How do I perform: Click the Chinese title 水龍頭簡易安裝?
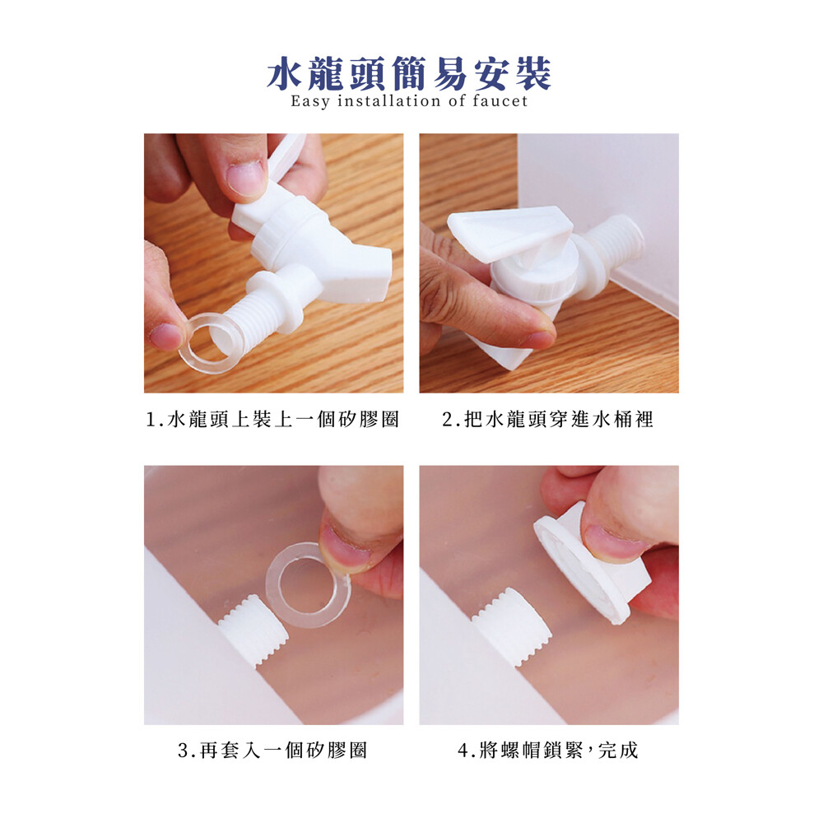click(409, 73)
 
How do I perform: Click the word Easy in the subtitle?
click(310, 100)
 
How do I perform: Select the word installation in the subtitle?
click(389, 100)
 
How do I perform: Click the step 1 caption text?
click(272, 420)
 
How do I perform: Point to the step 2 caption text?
click(548, 420)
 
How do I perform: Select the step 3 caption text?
click(272, 750)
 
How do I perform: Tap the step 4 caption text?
click(548, 750)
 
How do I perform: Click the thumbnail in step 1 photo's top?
click(246, 177)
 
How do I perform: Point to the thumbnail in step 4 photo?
click(612, 542)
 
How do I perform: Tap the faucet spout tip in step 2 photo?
click(504, 357)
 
